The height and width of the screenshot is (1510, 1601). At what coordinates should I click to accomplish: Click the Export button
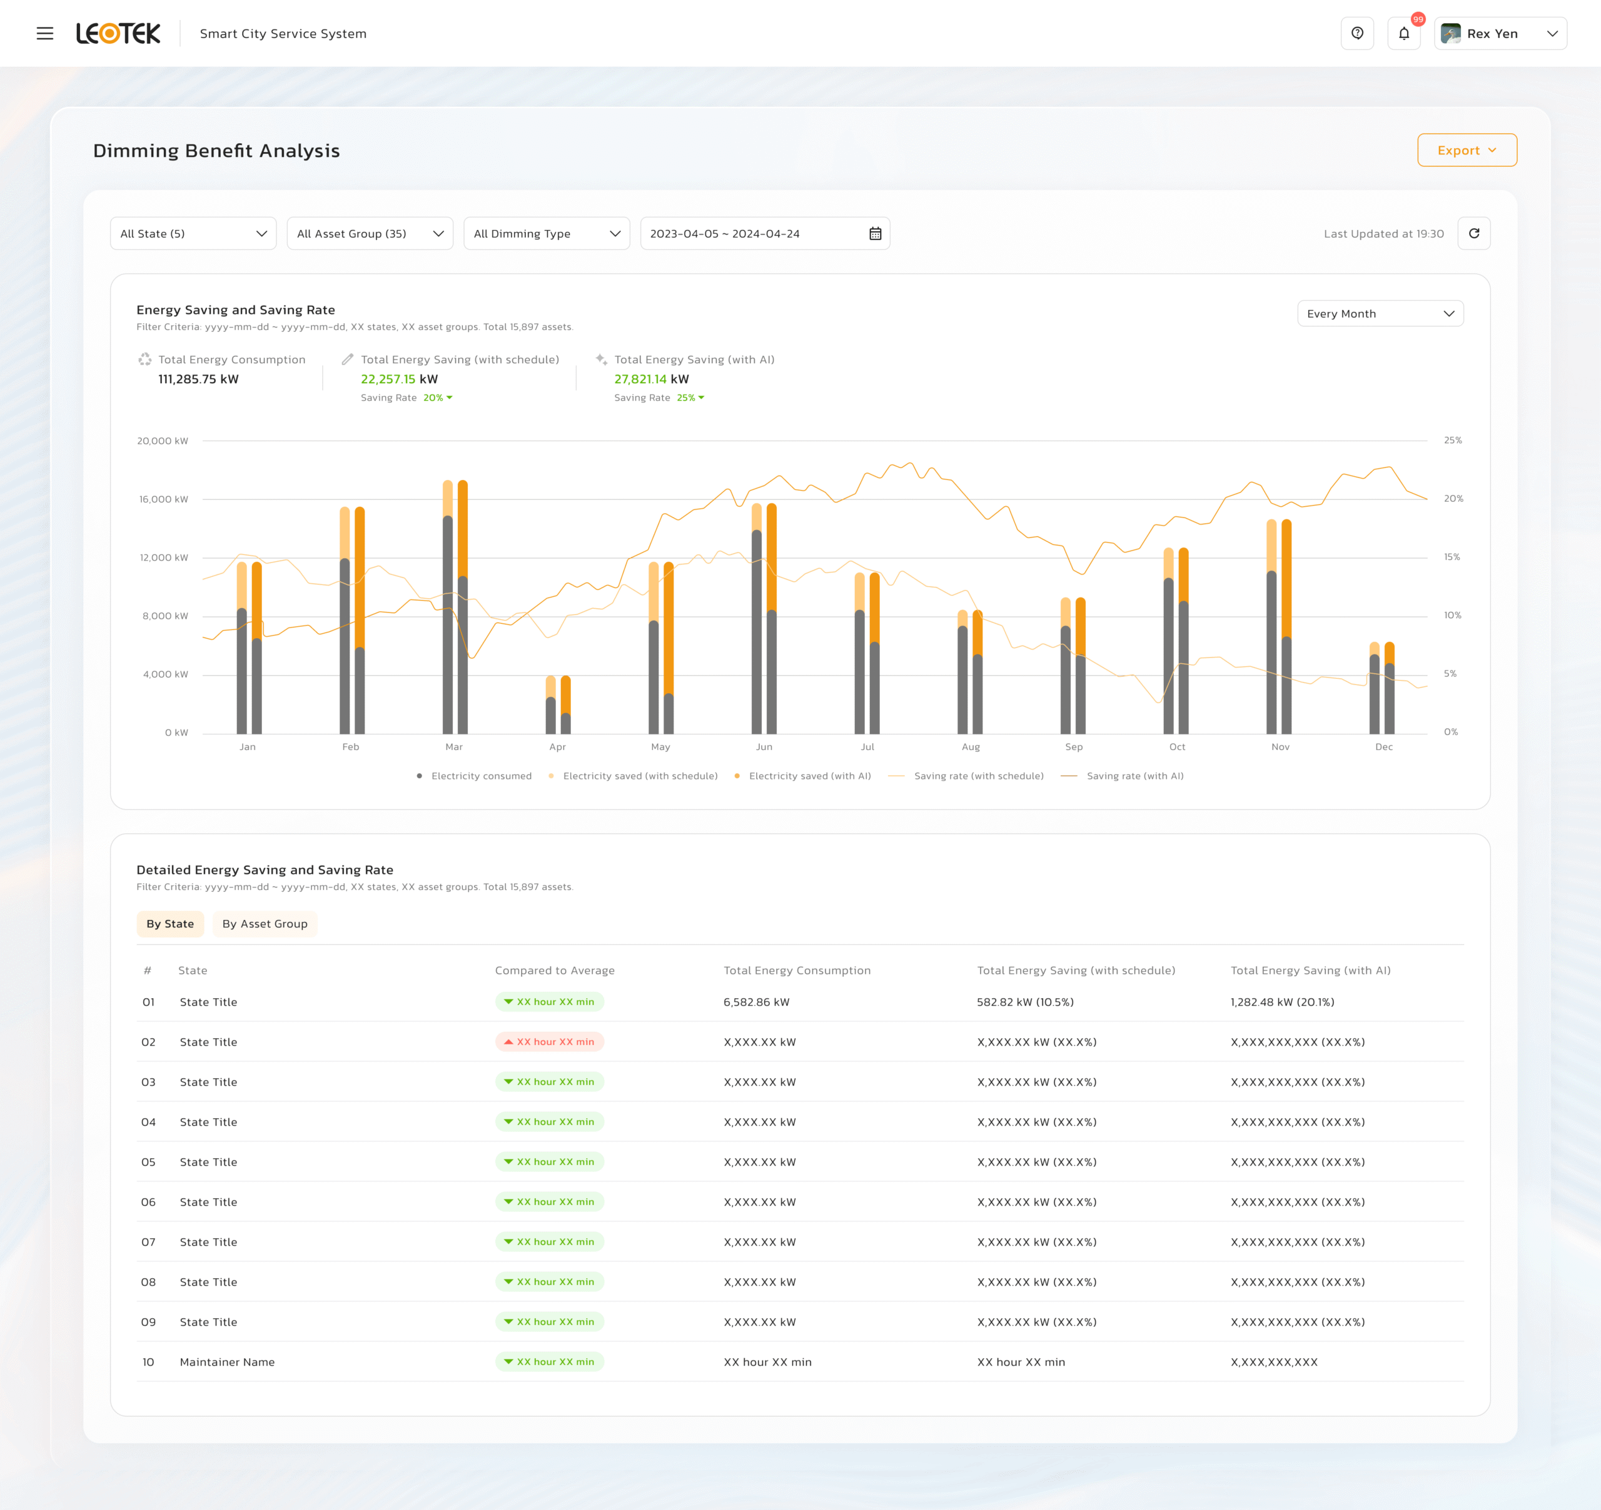[x=1467, y=151]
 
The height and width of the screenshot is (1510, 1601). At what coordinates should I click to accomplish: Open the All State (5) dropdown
[x=193, y=233]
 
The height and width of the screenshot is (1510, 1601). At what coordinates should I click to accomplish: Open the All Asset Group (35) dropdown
[x=370, y=233]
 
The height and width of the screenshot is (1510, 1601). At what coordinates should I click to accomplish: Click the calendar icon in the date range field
[x=876, y=233]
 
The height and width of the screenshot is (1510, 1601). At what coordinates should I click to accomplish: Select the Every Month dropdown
[x=1380, y=314]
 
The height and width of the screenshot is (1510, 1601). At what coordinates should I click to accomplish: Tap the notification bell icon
[x=1404, y=34]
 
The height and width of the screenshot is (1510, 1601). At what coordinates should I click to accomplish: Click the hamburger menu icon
[x=45, y=34]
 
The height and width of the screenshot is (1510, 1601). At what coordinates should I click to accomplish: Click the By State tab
[x=170, y=924]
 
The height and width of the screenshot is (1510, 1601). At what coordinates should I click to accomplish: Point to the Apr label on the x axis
[x=557, y=747]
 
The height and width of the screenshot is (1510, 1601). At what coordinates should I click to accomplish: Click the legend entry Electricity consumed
[x=481, y=776]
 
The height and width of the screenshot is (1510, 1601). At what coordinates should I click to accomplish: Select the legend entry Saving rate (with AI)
[x=1134, y=776]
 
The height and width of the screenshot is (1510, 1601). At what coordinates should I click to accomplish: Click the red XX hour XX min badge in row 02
[x=549, y=1041]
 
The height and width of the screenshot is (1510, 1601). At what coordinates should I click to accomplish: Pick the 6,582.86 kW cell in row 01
[x=756, y=1002]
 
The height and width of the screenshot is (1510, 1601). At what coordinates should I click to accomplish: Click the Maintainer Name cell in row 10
[x=227, y=1362]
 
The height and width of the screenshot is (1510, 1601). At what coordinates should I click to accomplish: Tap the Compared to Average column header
[x=554, y=971]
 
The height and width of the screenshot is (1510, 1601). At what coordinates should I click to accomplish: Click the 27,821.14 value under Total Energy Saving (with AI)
[x=640, y=379]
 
